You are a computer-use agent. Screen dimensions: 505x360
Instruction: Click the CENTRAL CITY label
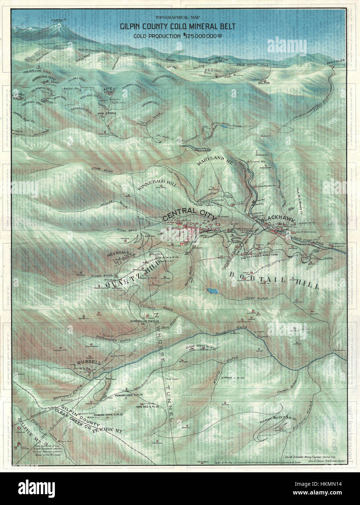click(188, 215)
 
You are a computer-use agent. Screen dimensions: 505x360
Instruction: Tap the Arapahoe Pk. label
click(49, 22)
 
